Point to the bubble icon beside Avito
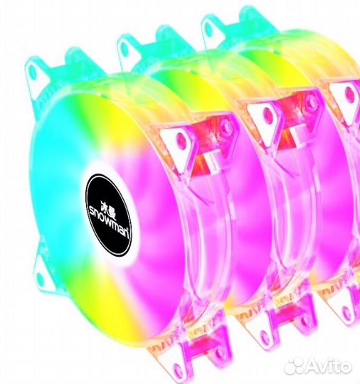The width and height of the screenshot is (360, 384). coord(295,367)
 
